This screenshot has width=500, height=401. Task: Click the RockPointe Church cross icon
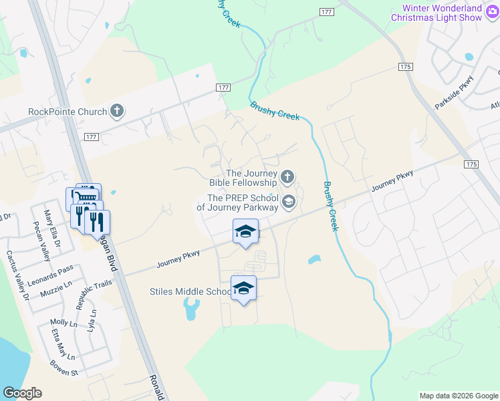(x=117, y=112)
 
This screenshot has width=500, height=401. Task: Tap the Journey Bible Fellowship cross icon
(x=287, y=177)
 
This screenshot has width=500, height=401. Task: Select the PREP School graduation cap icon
(x=289, y=201)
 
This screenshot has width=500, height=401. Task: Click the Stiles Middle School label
(x=190, y=291)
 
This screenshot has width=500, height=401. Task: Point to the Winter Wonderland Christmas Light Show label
(x=441, y=13)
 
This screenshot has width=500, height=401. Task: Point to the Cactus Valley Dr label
(x=18, y=275)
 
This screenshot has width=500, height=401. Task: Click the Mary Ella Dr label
(x=51, y=228)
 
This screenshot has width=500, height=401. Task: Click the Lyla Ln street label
(x=92, y=319)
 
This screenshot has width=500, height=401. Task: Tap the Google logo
(x=22, y=393)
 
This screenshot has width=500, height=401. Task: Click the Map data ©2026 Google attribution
(x=459, y=396)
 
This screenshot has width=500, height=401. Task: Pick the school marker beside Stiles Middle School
(x=243, y=289)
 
